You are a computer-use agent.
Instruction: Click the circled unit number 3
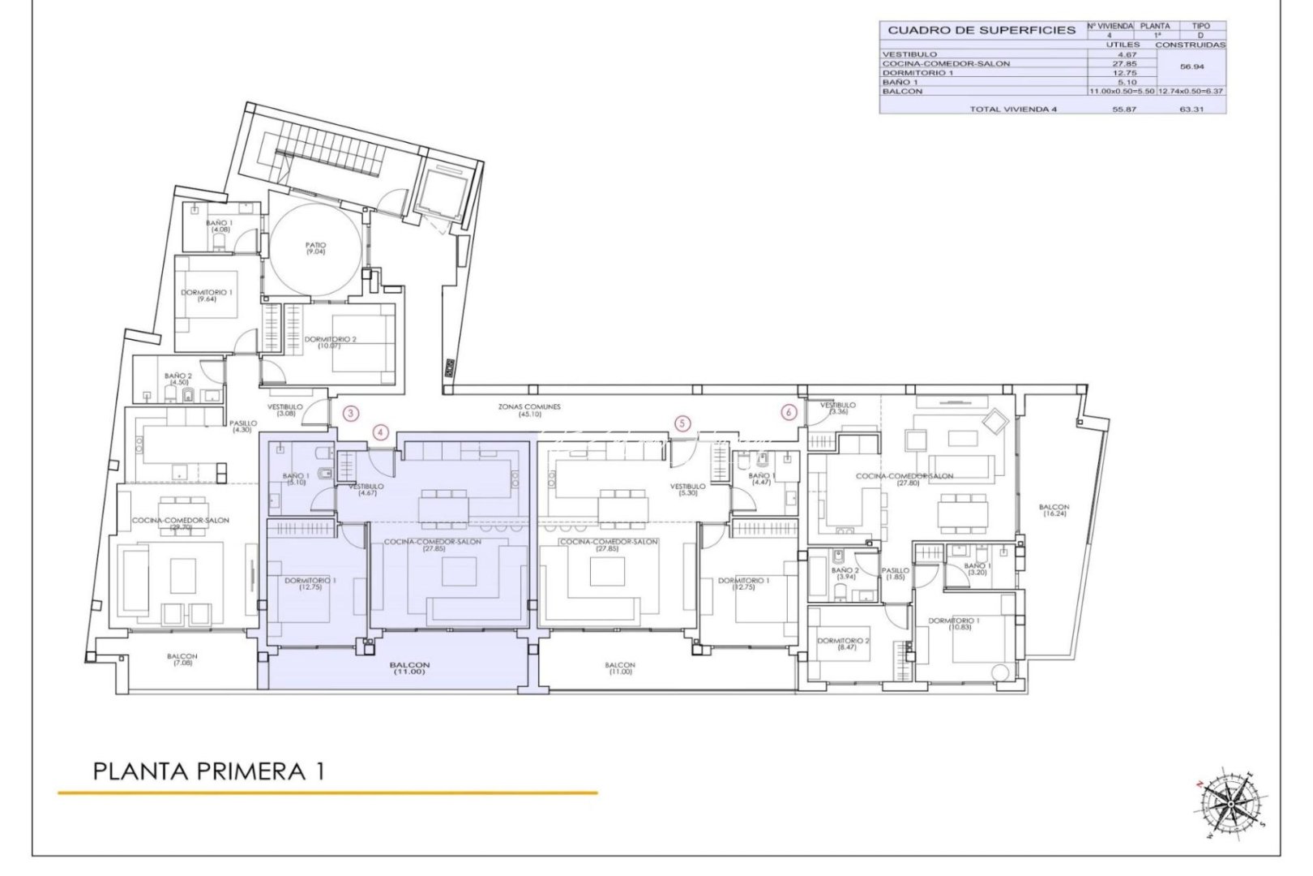[x=350, y=413]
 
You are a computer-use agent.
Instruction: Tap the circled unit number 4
[x=381, y=432]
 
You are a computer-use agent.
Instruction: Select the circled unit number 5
[x=682, y=423]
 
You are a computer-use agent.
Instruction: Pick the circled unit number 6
[x=789, y=412]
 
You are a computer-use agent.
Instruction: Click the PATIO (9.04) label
[x=315, y=248]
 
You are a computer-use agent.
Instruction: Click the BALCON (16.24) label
[x=1054, y=510]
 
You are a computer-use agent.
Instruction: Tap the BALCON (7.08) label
[x=182, y=659]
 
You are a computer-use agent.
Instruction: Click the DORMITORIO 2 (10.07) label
[x=330, y=342]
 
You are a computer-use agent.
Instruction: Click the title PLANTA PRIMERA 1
[x=209, y=771]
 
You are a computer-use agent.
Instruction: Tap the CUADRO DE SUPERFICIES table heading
[x=981, y=31]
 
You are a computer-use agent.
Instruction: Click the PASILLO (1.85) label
[x=896, y=573]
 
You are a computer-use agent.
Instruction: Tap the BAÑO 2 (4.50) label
[x=177, y=380]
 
